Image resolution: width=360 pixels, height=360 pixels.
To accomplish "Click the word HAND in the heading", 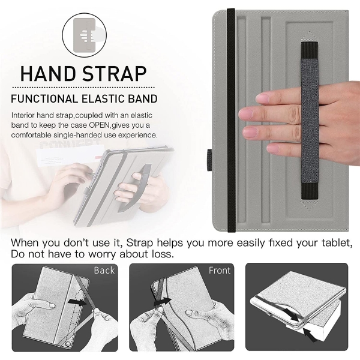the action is pyautogui.click(x=49, y=74).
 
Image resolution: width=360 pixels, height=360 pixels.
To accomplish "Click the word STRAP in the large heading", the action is pyautogui.click(x=115, y=74).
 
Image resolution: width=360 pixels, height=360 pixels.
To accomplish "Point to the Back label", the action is pyautogui.click(x=104, y=270).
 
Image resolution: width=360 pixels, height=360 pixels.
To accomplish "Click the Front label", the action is pyautogui.click(x=220, y=270).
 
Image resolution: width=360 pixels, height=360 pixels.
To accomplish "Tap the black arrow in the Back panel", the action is pyautogui.click(x=78, y=302).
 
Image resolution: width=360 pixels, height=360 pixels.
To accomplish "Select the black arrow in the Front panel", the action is pyautogui.click(x=163, y=301).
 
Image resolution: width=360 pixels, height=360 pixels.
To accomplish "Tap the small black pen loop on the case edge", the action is pyautogui.click(x=209, y=160).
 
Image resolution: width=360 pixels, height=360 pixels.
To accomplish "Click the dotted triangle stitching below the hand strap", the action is pyautogui.click(x=310, y=205).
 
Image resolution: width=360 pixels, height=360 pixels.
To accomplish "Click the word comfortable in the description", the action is pyautogui.click(x=31, y=135).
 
